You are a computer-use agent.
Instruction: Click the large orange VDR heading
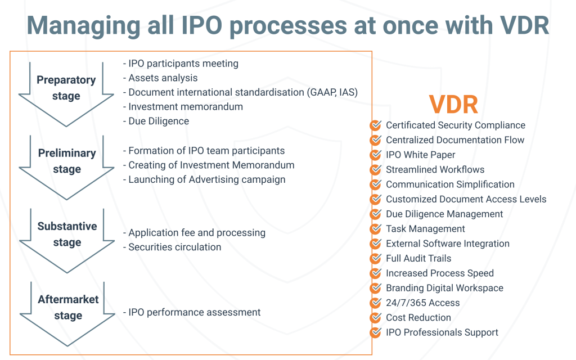(x=453, y=104)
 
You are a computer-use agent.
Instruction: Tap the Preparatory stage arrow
(x=66, y=110)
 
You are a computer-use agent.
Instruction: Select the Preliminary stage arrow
(x=66, y=184)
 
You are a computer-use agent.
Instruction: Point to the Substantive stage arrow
(x=67, y=257)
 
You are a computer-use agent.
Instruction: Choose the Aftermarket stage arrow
(x=67, y=331)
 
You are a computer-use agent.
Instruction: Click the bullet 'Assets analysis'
(x=160, y=78)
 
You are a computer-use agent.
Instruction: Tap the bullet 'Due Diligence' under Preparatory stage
(x=156, y=121)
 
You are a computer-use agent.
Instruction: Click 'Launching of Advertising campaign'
(x=204, y=179)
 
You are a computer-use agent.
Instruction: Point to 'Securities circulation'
(x=172, y=247)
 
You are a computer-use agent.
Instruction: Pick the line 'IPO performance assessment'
(x=191, y=312)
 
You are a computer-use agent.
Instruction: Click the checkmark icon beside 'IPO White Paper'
(x=375, y=155)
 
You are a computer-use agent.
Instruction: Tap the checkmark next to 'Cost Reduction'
(x=375, y=317)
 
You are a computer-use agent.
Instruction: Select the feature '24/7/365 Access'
(x=423, y=303)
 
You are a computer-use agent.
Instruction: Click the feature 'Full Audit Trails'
(x=418, y=258)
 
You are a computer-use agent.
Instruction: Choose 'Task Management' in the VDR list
(x=425, y=229)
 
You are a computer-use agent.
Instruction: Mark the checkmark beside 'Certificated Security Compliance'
(x=375, y=125)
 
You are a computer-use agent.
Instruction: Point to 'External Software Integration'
(x=448, y=244)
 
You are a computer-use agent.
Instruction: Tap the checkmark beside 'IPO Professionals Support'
(x=375, y=332)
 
